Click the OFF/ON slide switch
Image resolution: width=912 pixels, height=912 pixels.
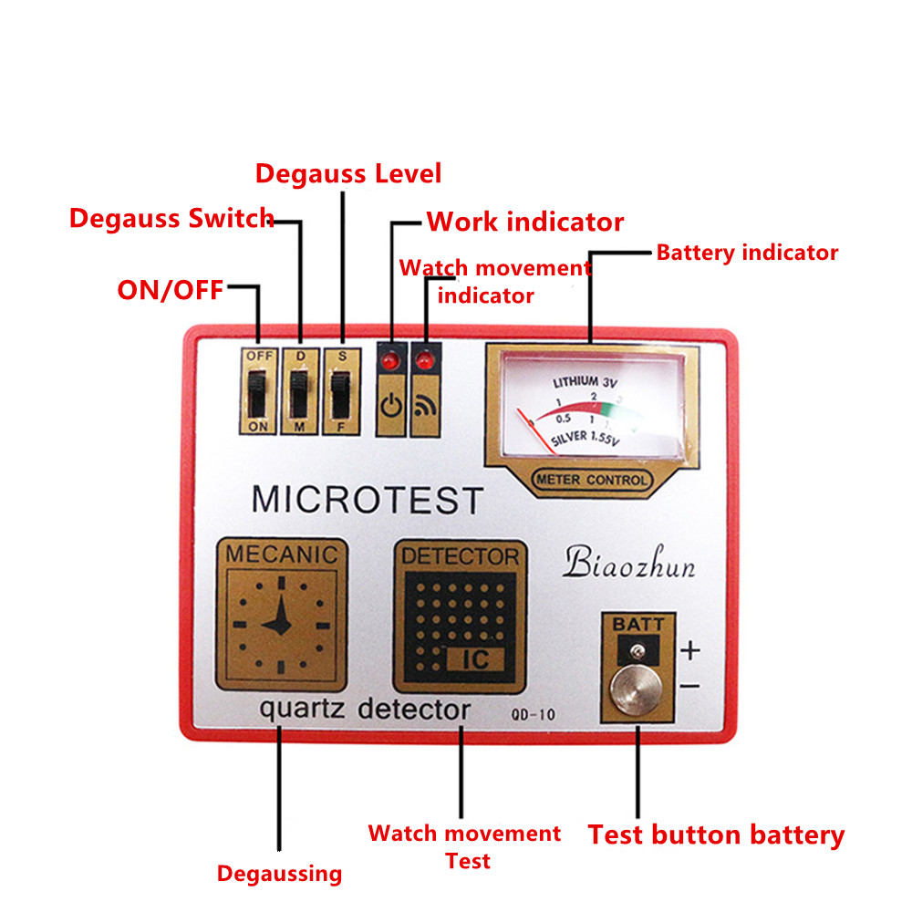[x=257, y=390]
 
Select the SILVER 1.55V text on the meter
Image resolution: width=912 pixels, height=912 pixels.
[x=585, y=439]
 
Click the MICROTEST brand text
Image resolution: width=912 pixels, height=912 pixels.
[x=367, y=500]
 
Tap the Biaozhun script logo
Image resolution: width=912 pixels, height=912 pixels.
[x=629, y=564]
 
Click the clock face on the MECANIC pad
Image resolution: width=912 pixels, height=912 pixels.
[x=281, y=624]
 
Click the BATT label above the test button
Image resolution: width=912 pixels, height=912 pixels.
[x=639, y=625]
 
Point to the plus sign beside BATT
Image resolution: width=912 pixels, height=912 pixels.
[x=690, y=650]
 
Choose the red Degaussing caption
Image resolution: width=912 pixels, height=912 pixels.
[x=279, y=874]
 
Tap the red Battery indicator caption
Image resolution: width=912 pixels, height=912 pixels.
[x=747, y=253]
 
